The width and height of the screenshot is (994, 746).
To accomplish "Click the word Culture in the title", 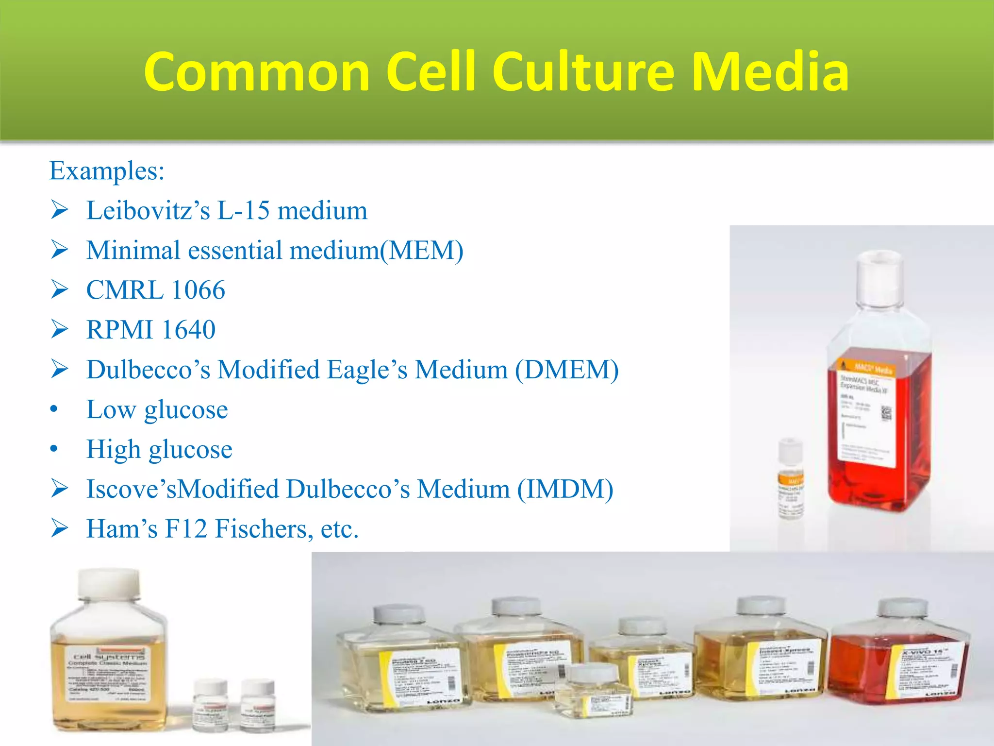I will pyautogui.click(x=583, y=72).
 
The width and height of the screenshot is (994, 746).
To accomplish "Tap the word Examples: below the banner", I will pyautogui.click(x=107, y=171).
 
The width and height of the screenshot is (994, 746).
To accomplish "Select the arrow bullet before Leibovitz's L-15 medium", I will pyautogui.click(x=60, y=210).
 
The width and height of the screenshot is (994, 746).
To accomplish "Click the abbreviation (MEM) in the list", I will pyautogui.click(x=422, y=251).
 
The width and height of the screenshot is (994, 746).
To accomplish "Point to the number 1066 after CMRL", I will pyautogui.click(x=198, y=290).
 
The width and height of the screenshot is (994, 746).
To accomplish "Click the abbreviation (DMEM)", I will pyautogui.click(x=566, y=370).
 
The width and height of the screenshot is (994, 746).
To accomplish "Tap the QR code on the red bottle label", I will pyautogui.click(x=886, y=413).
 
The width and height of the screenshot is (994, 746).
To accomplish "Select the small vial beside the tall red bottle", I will pyautogui.click(x=791, y=478).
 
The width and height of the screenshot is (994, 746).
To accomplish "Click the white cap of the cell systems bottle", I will pyautogui.click(x=109, y=583).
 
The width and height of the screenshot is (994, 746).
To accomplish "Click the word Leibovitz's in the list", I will pyautogui.click(x=148, y=211).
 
